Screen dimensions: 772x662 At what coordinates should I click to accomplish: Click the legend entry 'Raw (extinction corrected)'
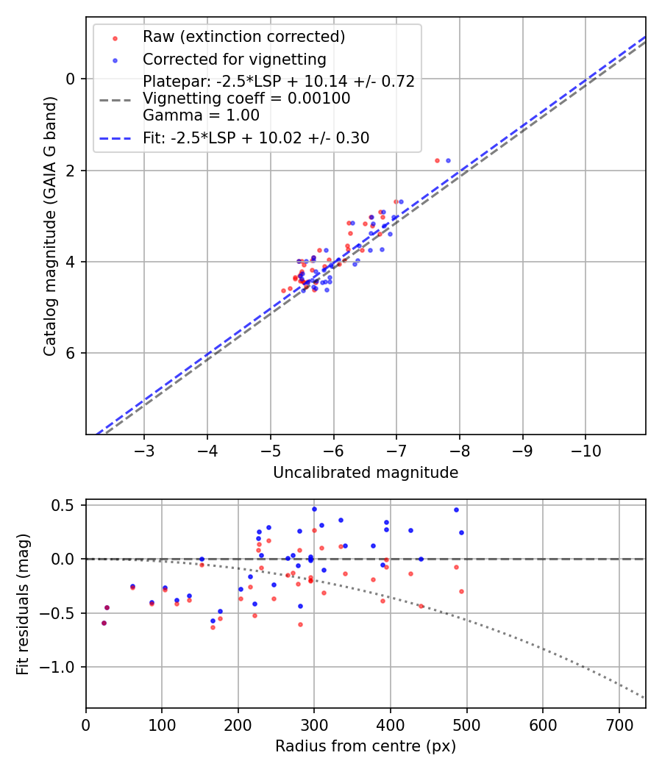tap(243, 37)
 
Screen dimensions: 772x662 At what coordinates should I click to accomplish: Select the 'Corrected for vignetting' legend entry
tap(234, 59)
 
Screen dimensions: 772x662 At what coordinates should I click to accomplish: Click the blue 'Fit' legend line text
tap(256, 137)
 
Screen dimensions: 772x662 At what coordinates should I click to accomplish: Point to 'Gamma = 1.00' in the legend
tap(201, 115)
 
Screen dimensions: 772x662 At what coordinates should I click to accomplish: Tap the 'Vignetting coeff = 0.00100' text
tap(246, 99)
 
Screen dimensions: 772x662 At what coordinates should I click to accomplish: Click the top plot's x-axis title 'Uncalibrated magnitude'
tap(366, 473)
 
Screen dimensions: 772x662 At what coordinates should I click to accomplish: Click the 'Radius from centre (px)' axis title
tap(366, 746)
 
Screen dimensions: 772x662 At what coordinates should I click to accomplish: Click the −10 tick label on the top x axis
tap(586, 450)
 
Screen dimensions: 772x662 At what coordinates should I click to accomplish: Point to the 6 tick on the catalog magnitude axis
tap(71, 354)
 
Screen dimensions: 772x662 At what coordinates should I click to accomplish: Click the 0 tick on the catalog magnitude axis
tap(71, 79)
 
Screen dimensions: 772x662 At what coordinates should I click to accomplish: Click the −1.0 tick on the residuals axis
tap(62, 668)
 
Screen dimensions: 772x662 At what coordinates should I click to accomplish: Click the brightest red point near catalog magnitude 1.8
tap(437, 160)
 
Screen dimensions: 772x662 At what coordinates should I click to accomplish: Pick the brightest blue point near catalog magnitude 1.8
tap(448, 160)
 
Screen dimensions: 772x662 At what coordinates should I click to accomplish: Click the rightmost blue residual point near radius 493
tap(461, 532)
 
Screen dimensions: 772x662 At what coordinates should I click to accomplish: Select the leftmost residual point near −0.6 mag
tap(104, 623)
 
